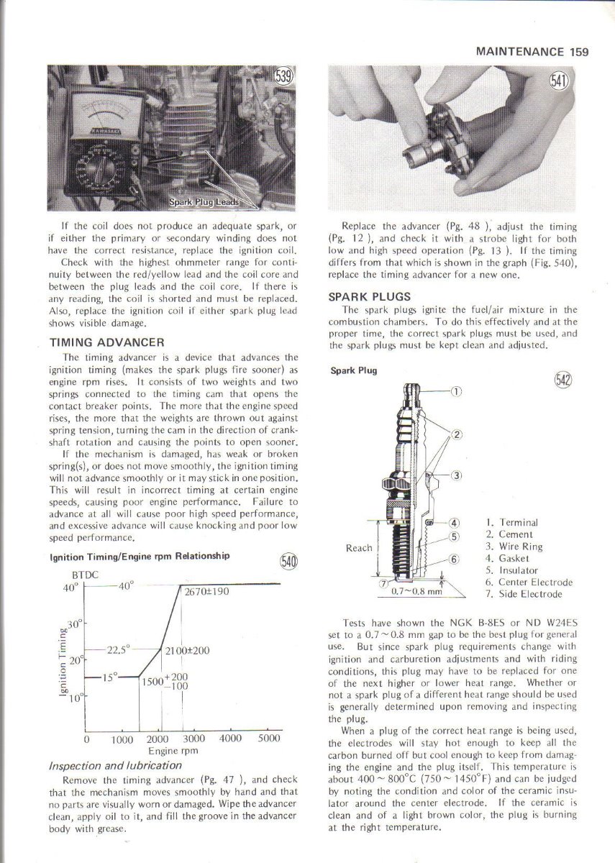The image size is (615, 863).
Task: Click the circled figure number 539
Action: coord(284,77)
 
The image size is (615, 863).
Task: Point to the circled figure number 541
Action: coord(559,81)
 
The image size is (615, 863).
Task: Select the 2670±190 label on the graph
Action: coord(206,592)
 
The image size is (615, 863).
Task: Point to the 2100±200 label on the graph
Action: coord(186,650)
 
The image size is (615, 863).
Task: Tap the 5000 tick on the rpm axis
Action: coord(268,739)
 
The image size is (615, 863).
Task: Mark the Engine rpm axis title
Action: coord(178,750)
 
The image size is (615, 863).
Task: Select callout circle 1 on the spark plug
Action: coord(455,391)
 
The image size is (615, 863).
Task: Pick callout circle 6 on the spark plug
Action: coord(455,559)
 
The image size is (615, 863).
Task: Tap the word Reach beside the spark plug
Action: coord(359,548)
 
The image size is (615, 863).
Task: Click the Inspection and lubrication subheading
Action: coord(114,765)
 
